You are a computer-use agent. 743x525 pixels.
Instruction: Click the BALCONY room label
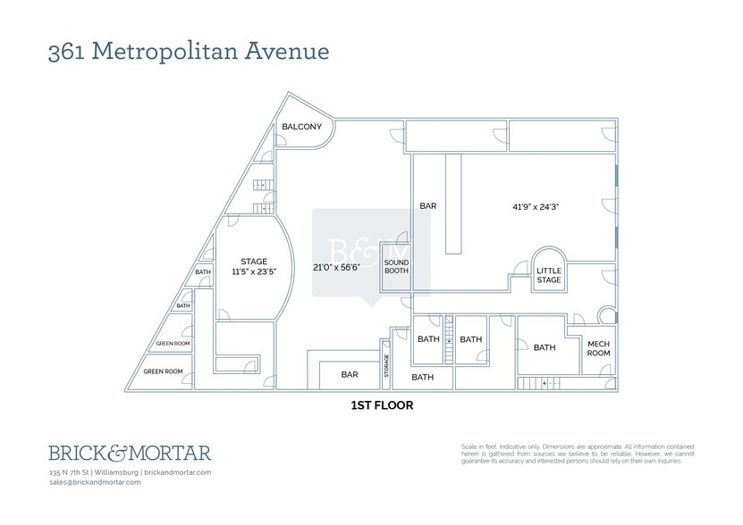[301, 127]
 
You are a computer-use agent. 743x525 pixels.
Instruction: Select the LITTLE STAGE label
[549, 275]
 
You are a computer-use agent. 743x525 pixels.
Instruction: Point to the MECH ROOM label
[598, 347]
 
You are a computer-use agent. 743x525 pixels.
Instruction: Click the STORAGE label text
[387, 365]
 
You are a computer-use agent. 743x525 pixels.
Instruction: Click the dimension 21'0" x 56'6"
[336, 267]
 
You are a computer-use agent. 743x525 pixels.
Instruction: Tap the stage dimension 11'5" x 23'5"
[253, 271]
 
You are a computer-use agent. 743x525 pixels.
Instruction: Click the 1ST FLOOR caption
[381, 404]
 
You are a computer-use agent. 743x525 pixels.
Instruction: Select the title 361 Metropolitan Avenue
[189, 51]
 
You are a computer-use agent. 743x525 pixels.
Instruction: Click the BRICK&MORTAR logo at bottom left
[130, 453]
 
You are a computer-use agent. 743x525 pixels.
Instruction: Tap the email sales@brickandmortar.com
[95, 481]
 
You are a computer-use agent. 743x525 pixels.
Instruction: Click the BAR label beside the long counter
[428, 206]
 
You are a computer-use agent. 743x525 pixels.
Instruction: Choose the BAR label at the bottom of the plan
[350, 375]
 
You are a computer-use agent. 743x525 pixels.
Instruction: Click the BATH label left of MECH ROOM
[545, 347]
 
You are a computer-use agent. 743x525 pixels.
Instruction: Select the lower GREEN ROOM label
[164, 371]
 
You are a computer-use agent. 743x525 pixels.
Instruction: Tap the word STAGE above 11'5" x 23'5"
[254, 262]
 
